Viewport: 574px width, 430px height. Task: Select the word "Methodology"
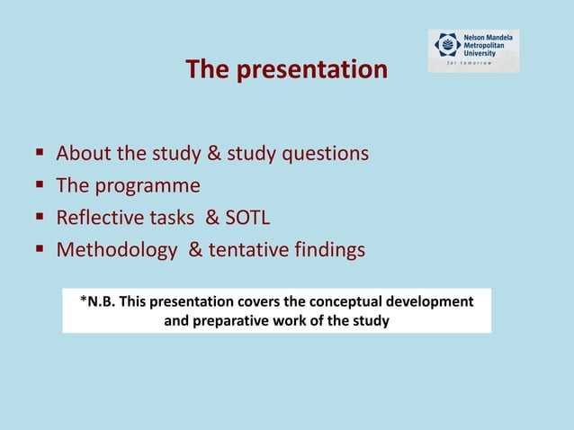117,251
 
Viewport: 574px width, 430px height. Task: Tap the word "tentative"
247,251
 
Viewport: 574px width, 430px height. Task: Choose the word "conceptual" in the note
340,301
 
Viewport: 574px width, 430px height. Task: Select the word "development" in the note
429,301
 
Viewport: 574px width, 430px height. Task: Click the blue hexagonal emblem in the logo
446,45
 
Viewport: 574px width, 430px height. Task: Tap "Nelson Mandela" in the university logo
490,36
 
